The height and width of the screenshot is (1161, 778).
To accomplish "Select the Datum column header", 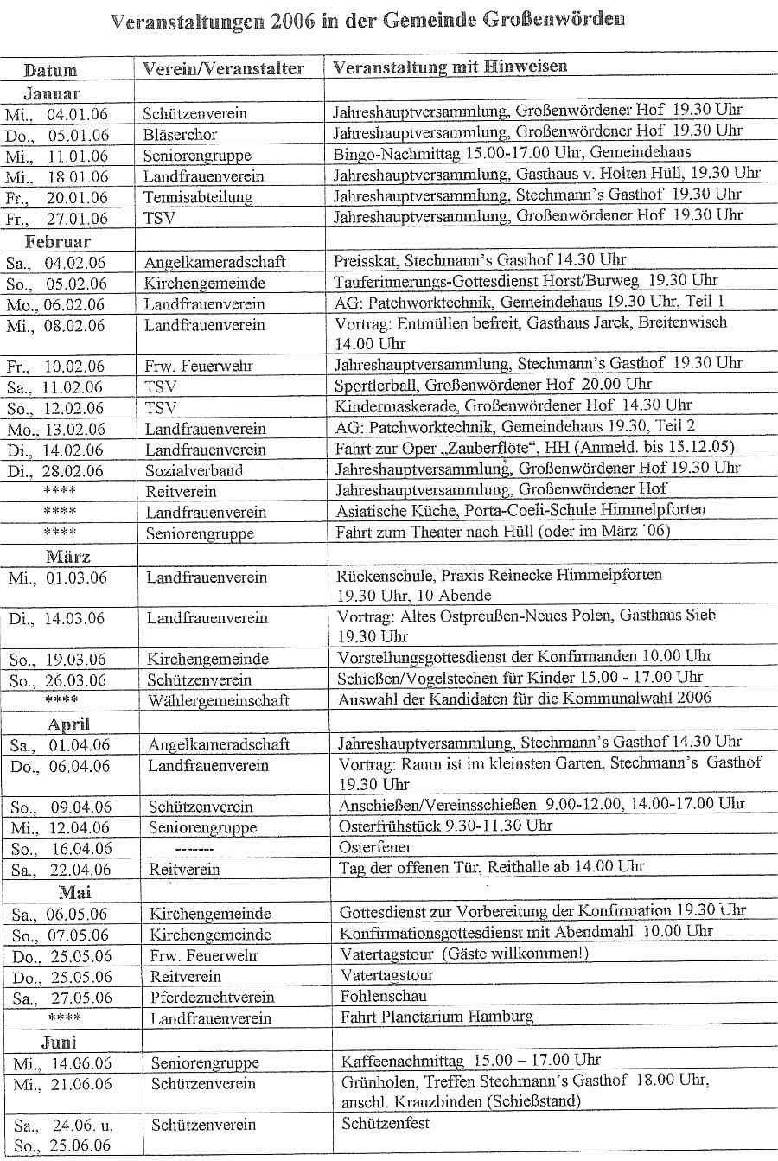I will [x=50, y=70].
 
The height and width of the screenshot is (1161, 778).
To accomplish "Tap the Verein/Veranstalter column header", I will [x=224, y=68].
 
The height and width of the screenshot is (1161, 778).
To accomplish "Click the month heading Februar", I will [x=58, y=241].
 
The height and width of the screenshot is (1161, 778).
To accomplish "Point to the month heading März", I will [x=67, y=557].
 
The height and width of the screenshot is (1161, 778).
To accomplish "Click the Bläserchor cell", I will [x=181, y=135].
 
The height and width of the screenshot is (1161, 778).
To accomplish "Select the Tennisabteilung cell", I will [x=198, y=197].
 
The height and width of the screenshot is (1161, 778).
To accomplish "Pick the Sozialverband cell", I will [x=194, y=471].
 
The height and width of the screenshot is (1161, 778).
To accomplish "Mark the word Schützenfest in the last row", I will [x=386, y=1124].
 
